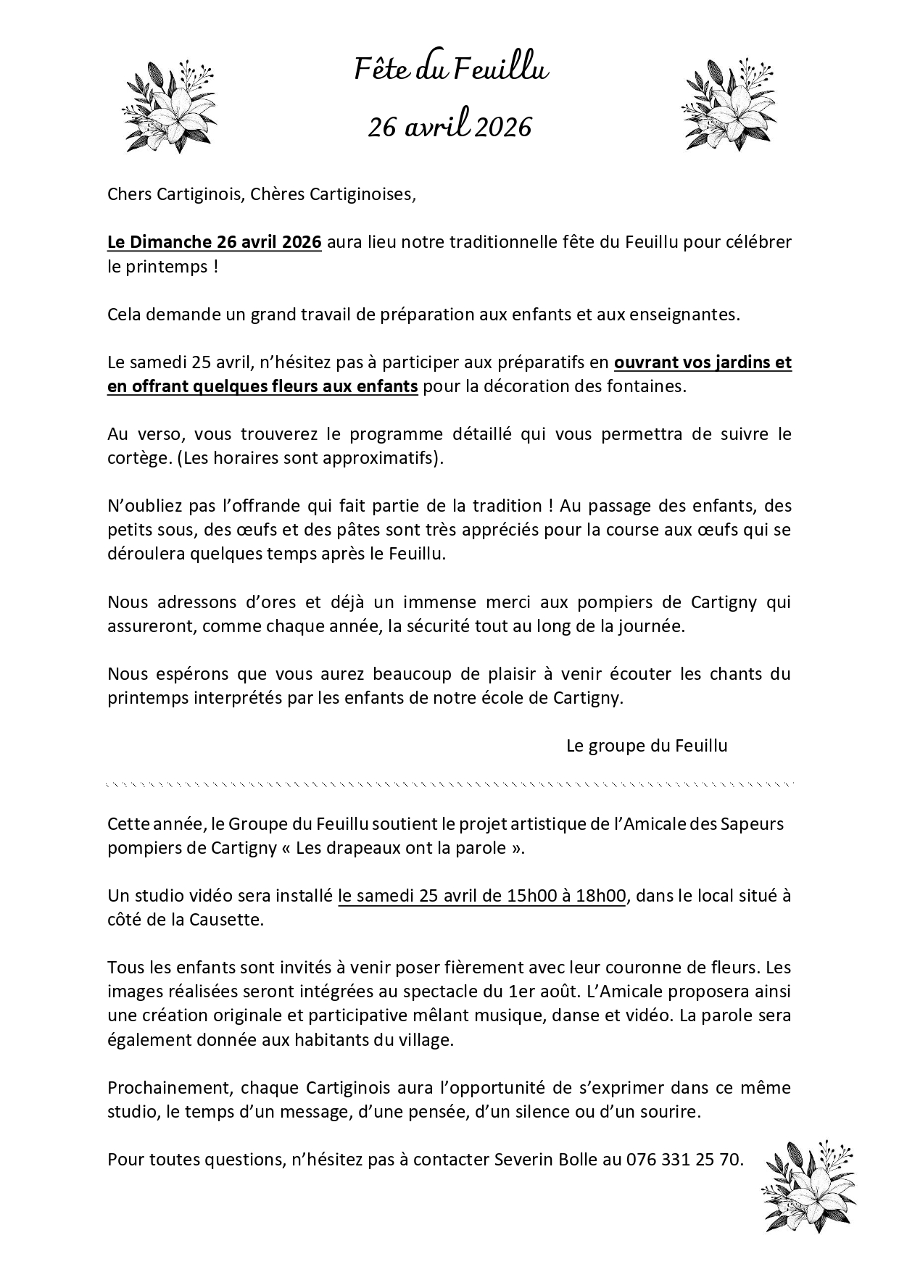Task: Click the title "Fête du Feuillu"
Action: (450, 70)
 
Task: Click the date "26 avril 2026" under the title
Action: (449, 127)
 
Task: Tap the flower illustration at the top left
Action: (168, 106)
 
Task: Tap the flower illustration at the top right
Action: (729, 106)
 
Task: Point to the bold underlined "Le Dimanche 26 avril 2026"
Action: (215, 242)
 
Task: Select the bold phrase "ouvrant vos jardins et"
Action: (703, 362)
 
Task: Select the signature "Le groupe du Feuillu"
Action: (647, 746)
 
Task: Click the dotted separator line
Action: (449, 784)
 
